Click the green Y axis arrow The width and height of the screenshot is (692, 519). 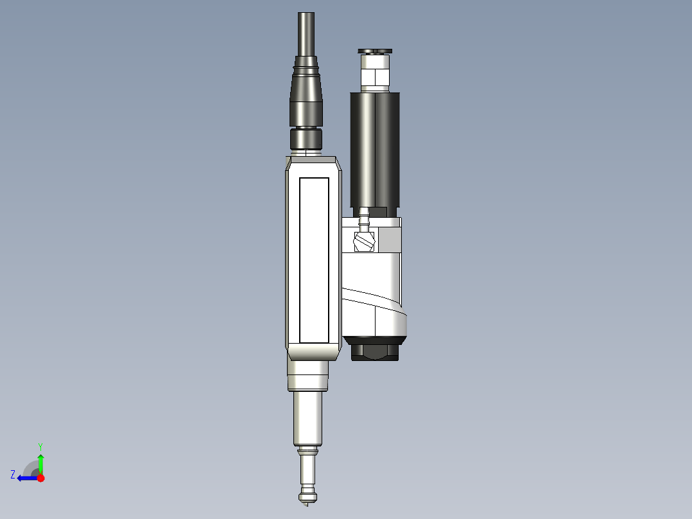click(x=40, y=463)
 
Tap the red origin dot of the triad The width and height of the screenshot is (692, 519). click(x=40, y=478)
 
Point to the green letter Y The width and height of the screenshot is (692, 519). click(x=40, y=446)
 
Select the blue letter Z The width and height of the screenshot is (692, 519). click(x=13, y=475)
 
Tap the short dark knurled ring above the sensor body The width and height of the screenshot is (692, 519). click(x=307, y=138)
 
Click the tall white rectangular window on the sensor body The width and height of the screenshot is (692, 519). click(x=314, y=259)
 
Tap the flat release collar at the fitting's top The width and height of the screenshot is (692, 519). click(x=376, y=51)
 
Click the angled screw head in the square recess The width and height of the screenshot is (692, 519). click(x=363, y=242)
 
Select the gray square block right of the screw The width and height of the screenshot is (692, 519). click(x=389, y=241)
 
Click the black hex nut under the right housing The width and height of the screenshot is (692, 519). click(x=376, y=351)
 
